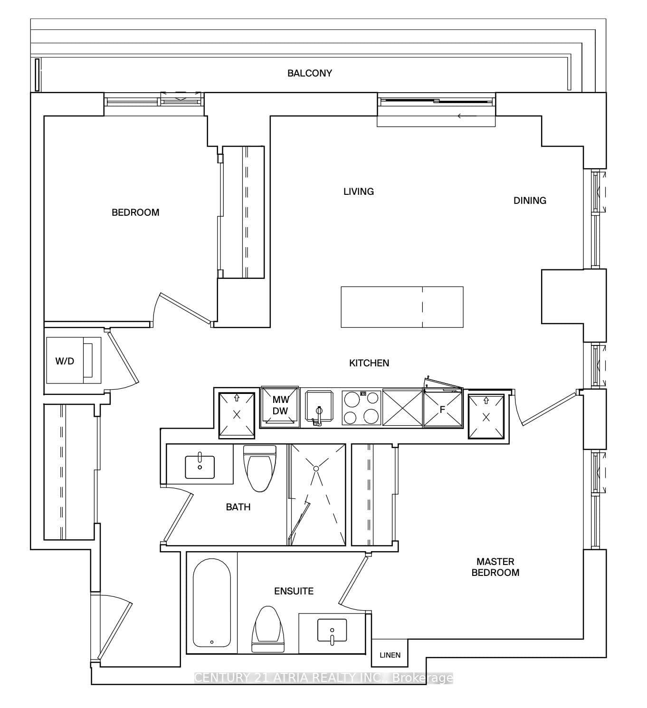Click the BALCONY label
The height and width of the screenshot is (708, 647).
pyautogui.click(x=309, y=73)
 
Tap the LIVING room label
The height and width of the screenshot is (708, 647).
pyautogui.click(x=358, y=191)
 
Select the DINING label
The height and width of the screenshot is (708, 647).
pyautogui.click(x=530, y=201)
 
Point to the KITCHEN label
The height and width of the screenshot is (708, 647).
pyautogui.click(x=369, y=363)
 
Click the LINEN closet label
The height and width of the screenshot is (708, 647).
pyautogui.click(x=390, y=655)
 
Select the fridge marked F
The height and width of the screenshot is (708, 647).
pyautogui.click(x=443, y=409)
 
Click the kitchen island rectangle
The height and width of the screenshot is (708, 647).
pyautogui.click(x=402, y=307)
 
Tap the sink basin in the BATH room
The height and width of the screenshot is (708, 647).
pyautogui.click(x=200, y=467)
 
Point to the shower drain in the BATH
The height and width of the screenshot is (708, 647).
pyautogui.click(x=316, y=469)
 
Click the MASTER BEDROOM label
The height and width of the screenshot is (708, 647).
pyautogui.click(x=495, y=567)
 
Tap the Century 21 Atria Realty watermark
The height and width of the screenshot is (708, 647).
pyautogui.click(x=323, y=678)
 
